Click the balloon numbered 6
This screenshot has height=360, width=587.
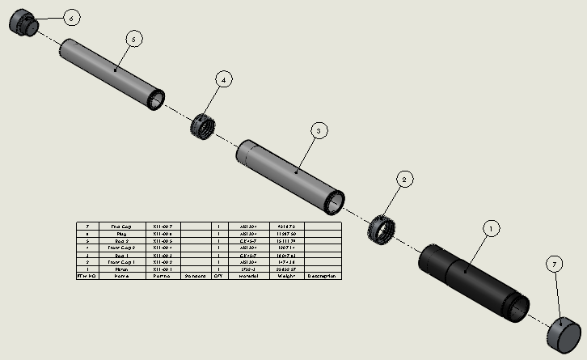point(70,17)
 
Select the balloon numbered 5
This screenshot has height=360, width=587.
point(135,38)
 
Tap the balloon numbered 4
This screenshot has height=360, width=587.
point(224,78)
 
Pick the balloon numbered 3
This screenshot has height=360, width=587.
point(319,130)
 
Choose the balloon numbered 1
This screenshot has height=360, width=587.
point(488,229)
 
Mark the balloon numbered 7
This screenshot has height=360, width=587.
point(554,265)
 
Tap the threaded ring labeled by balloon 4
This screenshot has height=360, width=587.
point(205,126)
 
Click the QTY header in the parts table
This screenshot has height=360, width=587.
point(218,276)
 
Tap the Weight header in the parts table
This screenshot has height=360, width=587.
point(286,276)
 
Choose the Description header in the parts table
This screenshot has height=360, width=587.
point(323,276)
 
